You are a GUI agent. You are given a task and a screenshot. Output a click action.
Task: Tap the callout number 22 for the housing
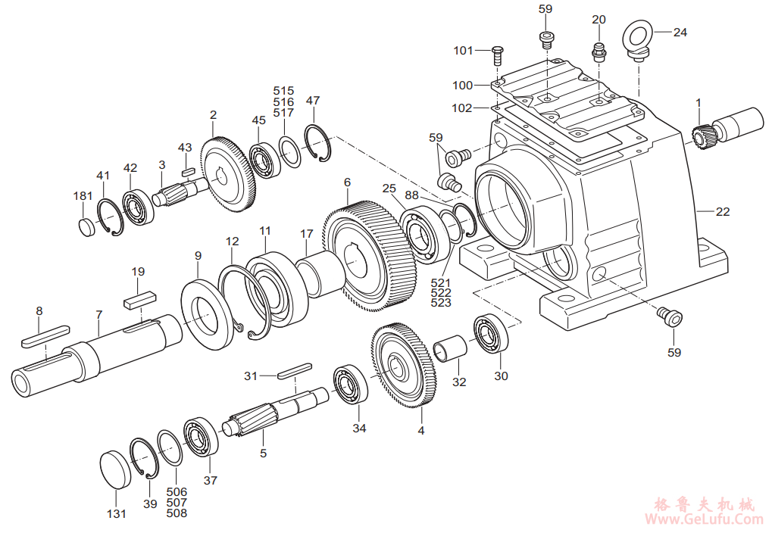(x=723, y=212)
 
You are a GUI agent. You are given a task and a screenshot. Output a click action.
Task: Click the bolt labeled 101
(x=498, y=54)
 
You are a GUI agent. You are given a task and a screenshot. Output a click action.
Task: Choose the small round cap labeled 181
(x=87, y=226)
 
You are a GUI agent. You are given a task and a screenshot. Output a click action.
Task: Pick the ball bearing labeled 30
(x=492, y=334)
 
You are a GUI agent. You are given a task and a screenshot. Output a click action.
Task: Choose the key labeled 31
(x=293, y=370)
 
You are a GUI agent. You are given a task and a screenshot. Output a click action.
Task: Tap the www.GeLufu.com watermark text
(x=704, y=519)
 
